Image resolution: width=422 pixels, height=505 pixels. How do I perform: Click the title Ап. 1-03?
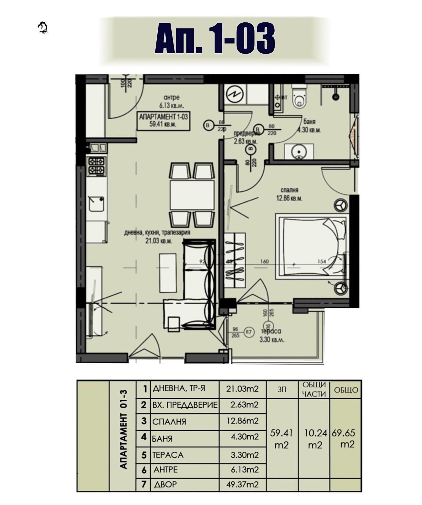coord(215,38)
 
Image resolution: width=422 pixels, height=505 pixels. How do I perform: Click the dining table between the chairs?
coord(192,195)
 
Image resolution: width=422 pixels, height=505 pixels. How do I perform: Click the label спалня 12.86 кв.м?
coord(289,194)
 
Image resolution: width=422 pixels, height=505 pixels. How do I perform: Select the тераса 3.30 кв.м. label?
coord(272,335)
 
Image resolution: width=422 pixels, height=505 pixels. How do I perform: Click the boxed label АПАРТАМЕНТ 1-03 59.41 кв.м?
coord(163,121)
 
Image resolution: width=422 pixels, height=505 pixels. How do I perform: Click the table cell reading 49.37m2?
coord(242,484)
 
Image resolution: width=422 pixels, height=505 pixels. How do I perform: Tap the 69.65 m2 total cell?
coord(345,438)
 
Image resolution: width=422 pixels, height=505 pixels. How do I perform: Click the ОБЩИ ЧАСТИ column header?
coord(314,389)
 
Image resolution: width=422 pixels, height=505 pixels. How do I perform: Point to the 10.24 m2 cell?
coord(315,438)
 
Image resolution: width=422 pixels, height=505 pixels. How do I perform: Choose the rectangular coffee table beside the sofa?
coord(168,273)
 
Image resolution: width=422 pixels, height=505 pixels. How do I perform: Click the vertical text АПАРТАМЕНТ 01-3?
coord(123,433)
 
